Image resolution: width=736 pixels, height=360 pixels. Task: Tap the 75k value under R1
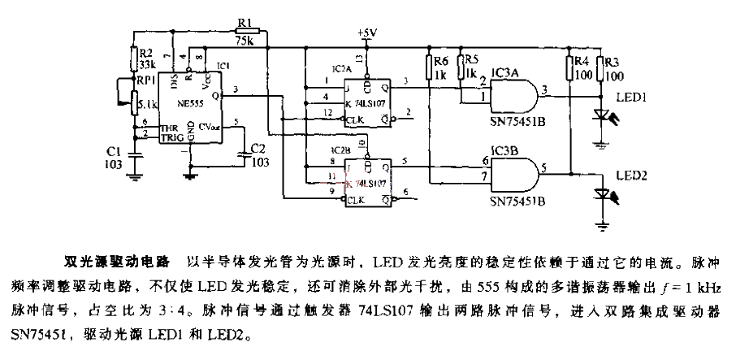pos(247,40)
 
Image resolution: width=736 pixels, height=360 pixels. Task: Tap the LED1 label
pos(630,97)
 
